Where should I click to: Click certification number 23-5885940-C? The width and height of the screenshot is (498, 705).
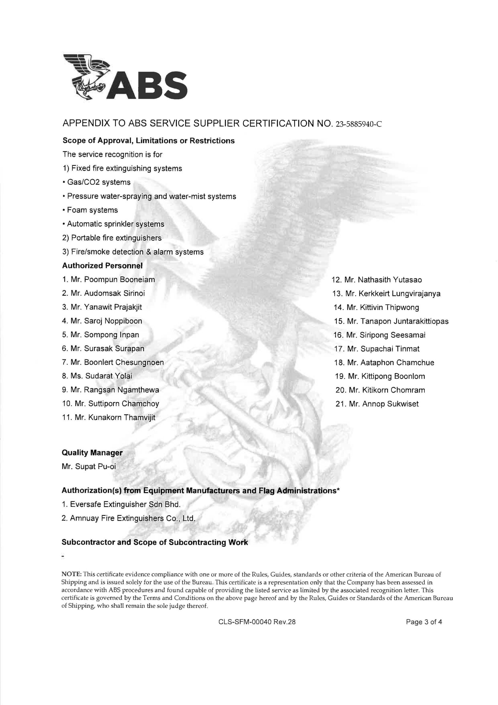pyautogui.click(x=359, y=124)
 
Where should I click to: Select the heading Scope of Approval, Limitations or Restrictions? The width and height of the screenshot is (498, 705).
pyautogui.click(x=149, y=141)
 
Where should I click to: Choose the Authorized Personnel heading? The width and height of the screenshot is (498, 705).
pyautogui.click(x=102, y=265)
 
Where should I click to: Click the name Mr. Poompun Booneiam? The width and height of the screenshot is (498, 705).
pyautogui.click(x=108, y=280)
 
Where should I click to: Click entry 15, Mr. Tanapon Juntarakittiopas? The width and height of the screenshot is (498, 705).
pyautogui.click(x=391, y=321)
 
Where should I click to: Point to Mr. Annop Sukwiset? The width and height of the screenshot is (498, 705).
pyautogui.click(x=377, y=404)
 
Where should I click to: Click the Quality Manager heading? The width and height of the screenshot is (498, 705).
pyautogui.click(x=92, y=453)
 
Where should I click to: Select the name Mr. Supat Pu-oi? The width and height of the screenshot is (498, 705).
pyautogui.click(x=89, y=467)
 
